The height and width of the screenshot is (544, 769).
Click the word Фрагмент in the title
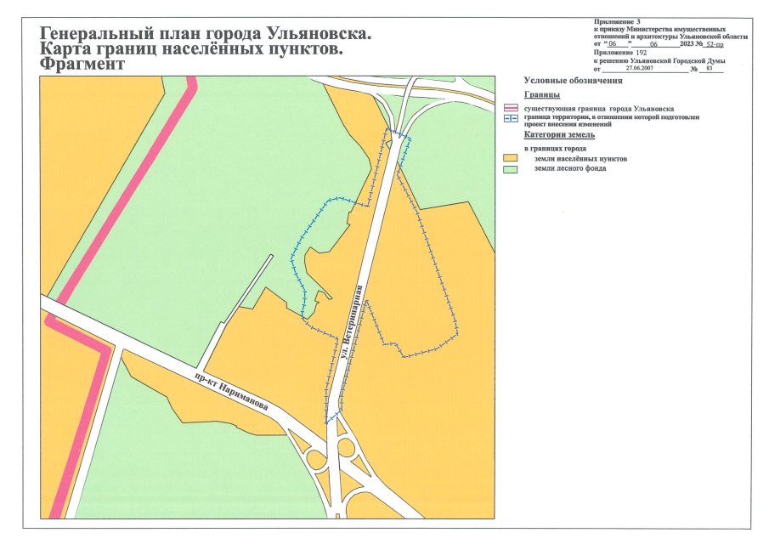coord(81,64)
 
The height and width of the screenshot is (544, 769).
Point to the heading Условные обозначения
coord(574,81)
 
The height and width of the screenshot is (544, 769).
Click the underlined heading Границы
coord(541,94)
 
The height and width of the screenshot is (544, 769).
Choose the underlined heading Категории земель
coord(559,134)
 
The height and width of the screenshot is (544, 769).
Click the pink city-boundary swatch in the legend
coord(511,109)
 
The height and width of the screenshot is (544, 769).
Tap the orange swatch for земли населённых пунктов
coord(511,159)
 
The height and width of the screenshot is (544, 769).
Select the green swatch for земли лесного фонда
coord(511,168)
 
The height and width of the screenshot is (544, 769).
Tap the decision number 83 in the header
coord(709,70)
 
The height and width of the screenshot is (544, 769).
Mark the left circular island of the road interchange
coord(317,460)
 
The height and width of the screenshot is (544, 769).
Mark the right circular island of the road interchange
coord(345,447)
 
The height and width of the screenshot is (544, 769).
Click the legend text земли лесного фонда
coord(568,168)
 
